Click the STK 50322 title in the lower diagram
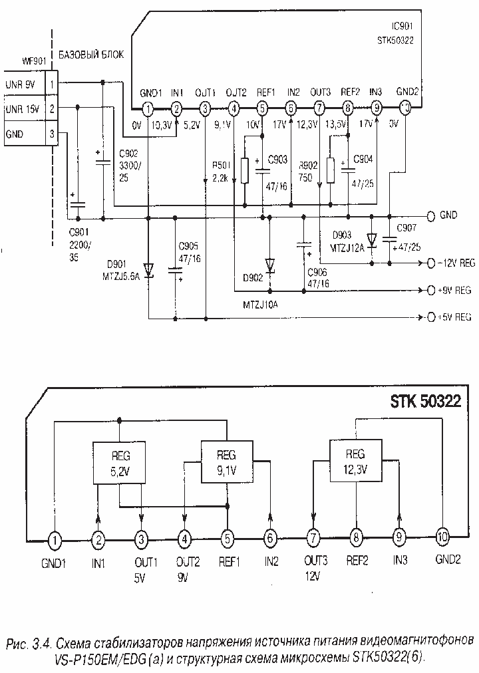(x=429, y=403)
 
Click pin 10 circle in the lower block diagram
(x=443, y=536)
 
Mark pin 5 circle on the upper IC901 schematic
(x=262, y=108)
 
